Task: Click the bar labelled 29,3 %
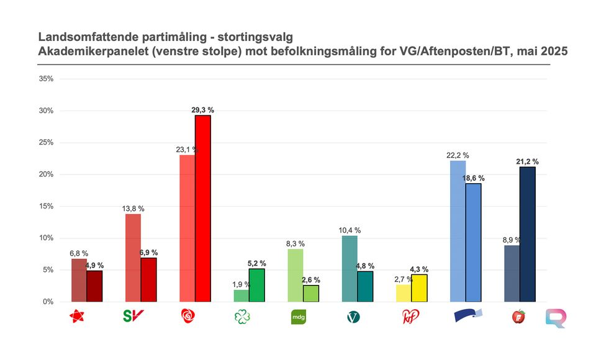click(x=203, y=209)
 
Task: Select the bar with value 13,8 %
click(x=133, y=258)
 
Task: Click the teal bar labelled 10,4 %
click(x=350, y=269)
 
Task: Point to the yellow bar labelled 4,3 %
click(x=419, y=288)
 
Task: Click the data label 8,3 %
click(x=296, y=244)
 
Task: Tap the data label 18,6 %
click(x=472, y=178)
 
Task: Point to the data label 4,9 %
click(x=94, y=266)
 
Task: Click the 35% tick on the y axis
click(x=46, y=79)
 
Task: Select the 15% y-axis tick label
click(x=46, y=206)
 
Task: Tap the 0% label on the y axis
click(x=48, y=302)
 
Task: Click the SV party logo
click(x=133, y=316)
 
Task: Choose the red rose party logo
click(x=187, y=317)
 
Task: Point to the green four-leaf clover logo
click(x=241, y=317)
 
